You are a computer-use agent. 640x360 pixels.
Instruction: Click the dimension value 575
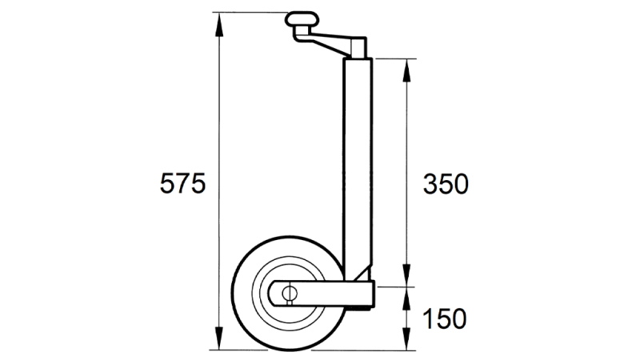[183, 183]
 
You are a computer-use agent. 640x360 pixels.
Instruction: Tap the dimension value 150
[445, 319]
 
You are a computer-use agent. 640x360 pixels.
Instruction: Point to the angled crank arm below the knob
[328, 40]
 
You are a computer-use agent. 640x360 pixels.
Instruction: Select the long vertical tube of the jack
[358, 160]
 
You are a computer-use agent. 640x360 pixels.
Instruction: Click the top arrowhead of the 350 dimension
[409, 66]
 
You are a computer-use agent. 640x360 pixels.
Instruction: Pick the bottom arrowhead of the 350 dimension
[409, 279]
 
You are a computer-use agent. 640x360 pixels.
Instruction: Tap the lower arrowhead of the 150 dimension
[409, 344]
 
